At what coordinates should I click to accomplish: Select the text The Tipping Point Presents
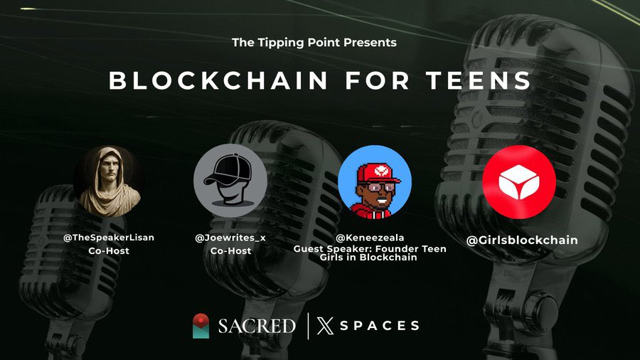(314, 42)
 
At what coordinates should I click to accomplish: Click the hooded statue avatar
(110, 181)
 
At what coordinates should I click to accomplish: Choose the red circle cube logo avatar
(518, 182)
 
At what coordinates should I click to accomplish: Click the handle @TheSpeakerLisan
(109, 238)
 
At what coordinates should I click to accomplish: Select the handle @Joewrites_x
(230, 238)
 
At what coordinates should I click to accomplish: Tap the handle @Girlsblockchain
(522, 240)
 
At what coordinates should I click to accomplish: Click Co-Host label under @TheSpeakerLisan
(109, 251)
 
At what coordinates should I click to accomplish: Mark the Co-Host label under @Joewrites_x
(230, 250)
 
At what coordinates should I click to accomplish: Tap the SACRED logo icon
(201, 326)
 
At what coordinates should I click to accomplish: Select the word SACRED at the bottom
(256, 326)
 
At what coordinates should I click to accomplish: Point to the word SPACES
(379, 326)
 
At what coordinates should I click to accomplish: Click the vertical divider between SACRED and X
(308, 326)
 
